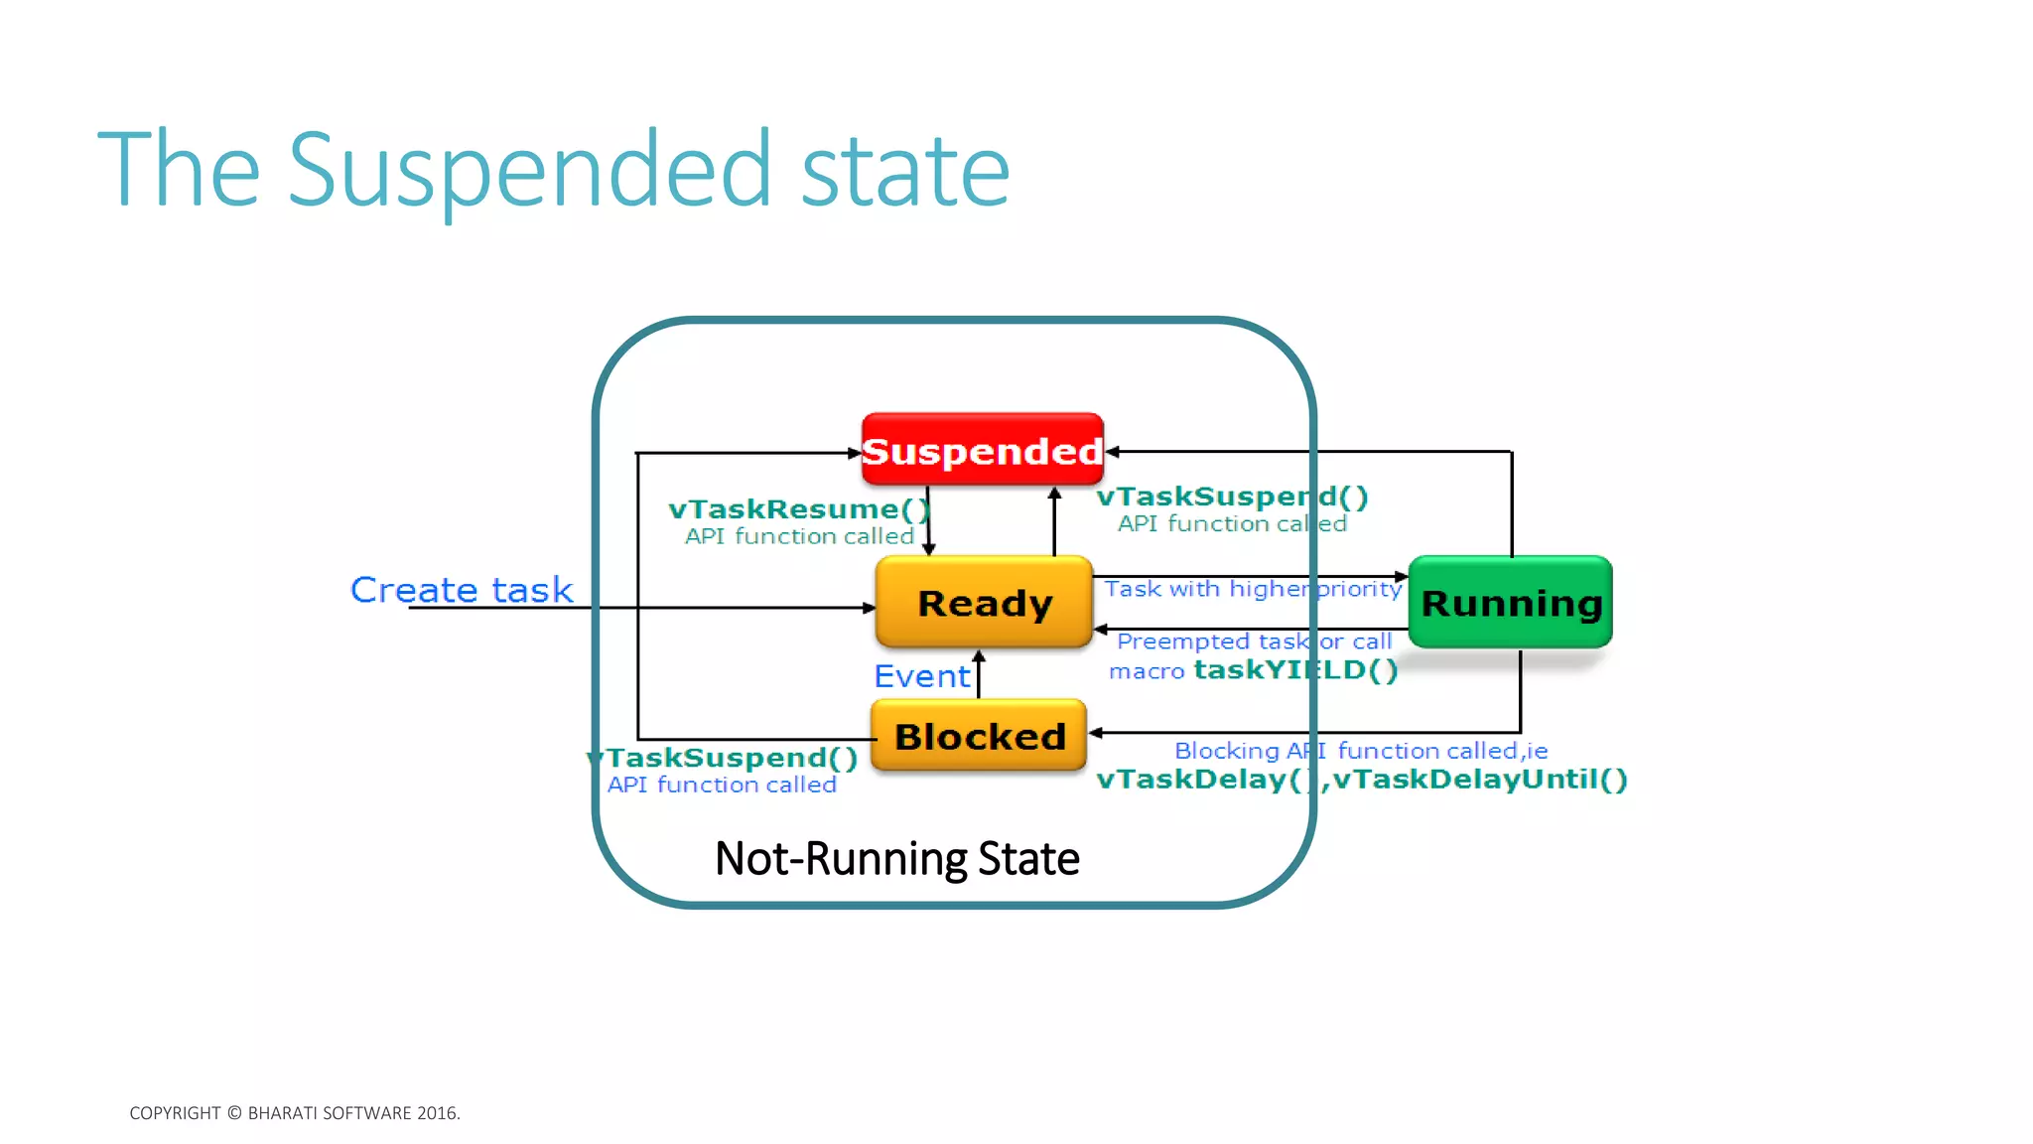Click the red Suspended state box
click(x=982, y=450)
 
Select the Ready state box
click(x=984, y=603)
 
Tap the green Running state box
click(x=1511, y=602)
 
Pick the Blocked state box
click(x=979, y=736)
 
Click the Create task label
click(x=462, y=590)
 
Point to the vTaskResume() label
click(x=799, y=509)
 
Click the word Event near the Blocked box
click(x=921, y=676)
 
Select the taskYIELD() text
click(x=1295, y=670)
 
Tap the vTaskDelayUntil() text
click(x=1480, y=779)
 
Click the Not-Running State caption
click(x=896, y=858)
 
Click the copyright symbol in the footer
click(x=234, y=1113)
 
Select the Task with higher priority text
click(x=1253, y=589)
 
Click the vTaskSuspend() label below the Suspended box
click(x=1232, y=497)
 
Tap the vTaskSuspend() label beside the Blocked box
click(x=725, y=758)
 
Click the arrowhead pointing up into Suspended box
click(x=1054, y=493)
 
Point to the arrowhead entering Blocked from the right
click(x=1096, y=733)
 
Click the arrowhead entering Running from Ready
click(x=1402, y=577)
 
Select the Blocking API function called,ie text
click(x=1360, y=751)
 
